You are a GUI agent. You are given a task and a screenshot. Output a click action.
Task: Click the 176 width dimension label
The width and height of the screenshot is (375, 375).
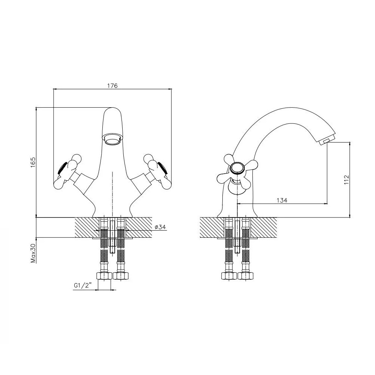pos(112,85)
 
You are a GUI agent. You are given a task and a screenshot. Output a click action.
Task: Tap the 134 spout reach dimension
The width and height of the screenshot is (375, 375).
pos(282,200)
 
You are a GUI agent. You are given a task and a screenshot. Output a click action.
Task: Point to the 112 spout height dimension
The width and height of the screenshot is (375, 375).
pos(346,180)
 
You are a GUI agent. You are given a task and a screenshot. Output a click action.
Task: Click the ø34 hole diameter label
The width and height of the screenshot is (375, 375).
pos(160,227)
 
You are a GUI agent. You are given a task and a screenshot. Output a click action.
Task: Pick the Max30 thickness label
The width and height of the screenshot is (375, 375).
pos(33,253)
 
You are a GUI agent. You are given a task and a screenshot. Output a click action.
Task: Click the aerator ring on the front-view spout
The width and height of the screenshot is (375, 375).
pos(113,139)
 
